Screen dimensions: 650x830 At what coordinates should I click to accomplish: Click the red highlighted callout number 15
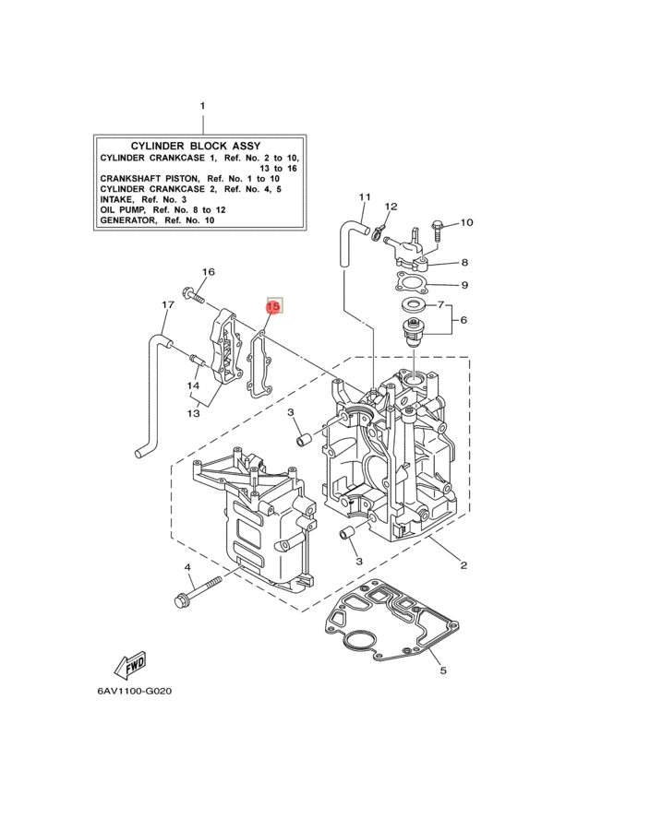(273, 306)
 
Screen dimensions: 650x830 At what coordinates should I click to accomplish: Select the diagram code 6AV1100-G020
(135, 692)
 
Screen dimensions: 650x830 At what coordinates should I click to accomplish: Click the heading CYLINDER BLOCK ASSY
(196, 146)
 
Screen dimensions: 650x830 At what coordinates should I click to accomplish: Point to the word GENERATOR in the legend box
(128, 220)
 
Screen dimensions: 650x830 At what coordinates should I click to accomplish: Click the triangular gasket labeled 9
(411, 282)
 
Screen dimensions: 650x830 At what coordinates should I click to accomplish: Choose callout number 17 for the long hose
(167, 305)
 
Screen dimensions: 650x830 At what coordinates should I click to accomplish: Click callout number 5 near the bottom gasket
(443, 670)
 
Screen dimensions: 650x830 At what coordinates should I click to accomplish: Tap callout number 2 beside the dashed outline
(463, 565)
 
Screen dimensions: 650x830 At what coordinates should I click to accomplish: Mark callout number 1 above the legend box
(202, 106)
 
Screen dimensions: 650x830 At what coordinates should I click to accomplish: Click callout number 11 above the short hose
(365, 197)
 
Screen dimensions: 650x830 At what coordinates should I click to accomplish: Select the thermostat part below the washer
(412, 334)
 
